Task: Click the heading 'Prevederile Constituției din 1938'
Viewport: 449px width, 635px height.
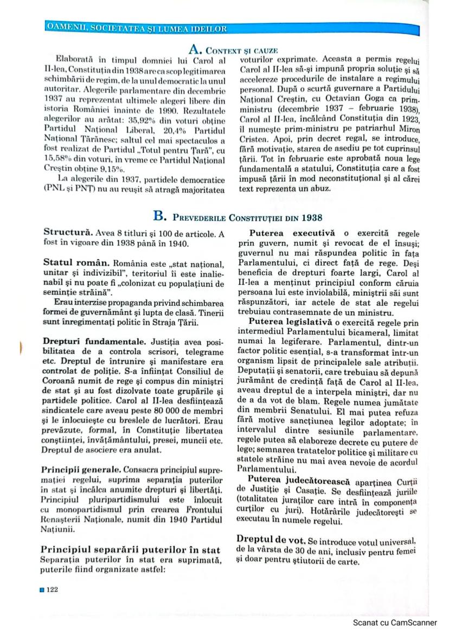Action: (247, 218)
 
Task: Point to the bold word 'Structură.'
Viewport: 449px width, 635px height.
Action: (64, 234)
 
